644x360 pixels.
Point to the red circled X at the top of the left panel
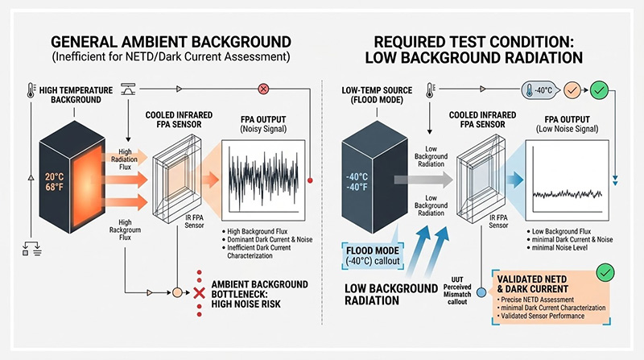click(262, 89)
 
